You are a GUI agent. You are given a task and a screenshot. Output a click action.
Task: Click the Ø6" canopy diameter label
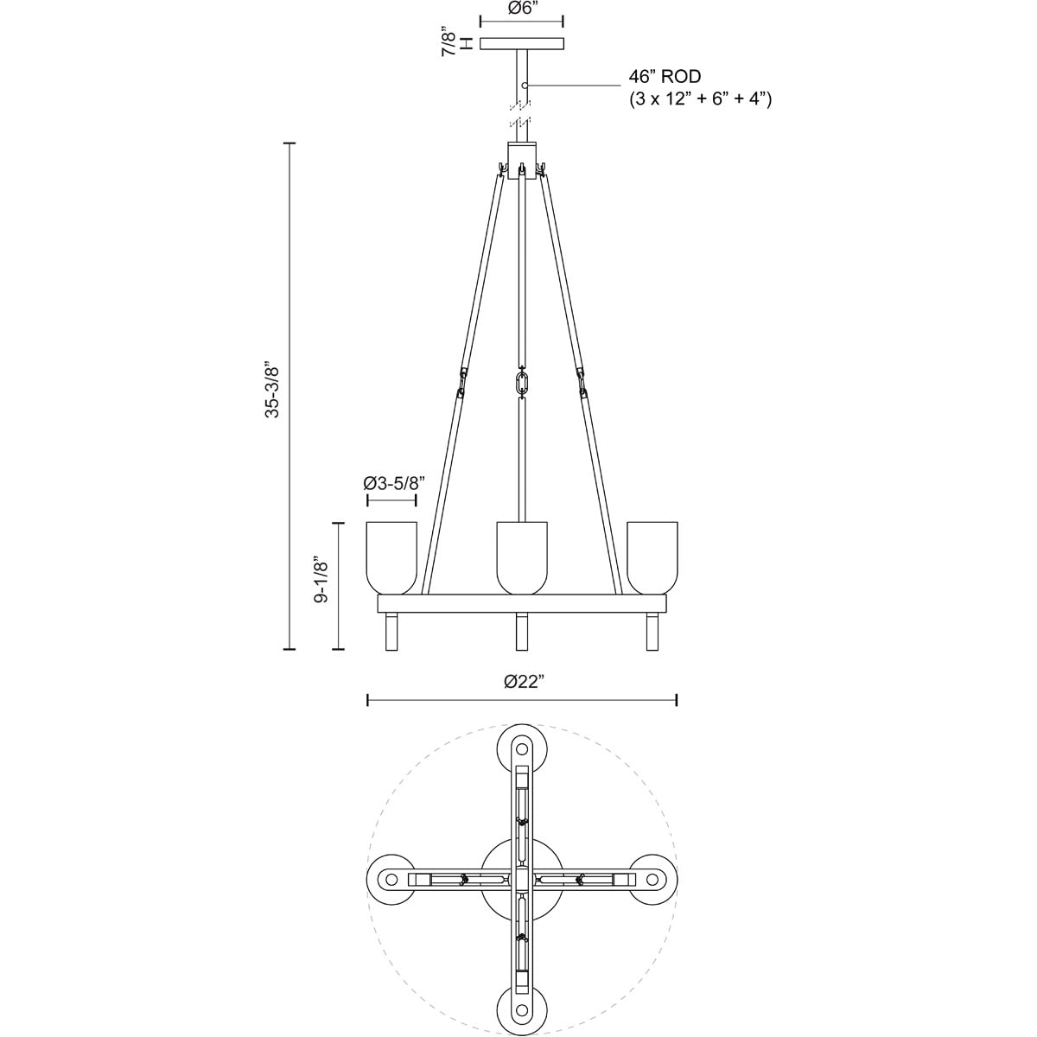tap(521, 9)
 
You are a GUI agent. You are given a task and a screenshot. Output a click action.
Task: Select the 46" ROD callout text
tap(665, 77)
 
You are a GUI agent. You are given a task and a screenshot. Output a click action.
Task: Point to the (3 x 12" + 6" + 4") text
tap(700, 99)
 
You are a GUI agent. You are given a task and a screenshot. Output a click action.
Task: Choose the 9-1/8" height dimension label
tap(321, 586)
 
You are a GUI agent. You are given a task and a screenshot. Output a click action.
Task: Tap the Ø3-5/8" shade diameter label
tap(391, 483)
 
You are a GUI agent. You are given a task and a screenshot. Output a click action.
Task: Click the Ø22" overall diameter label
tap(521, 681)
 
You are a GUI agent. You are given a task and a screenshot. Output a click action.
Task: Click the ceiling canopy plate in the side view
tap(521, 43)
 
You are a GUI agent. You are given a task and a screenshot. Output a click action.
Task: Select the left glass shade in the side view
tap(391, 558)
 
